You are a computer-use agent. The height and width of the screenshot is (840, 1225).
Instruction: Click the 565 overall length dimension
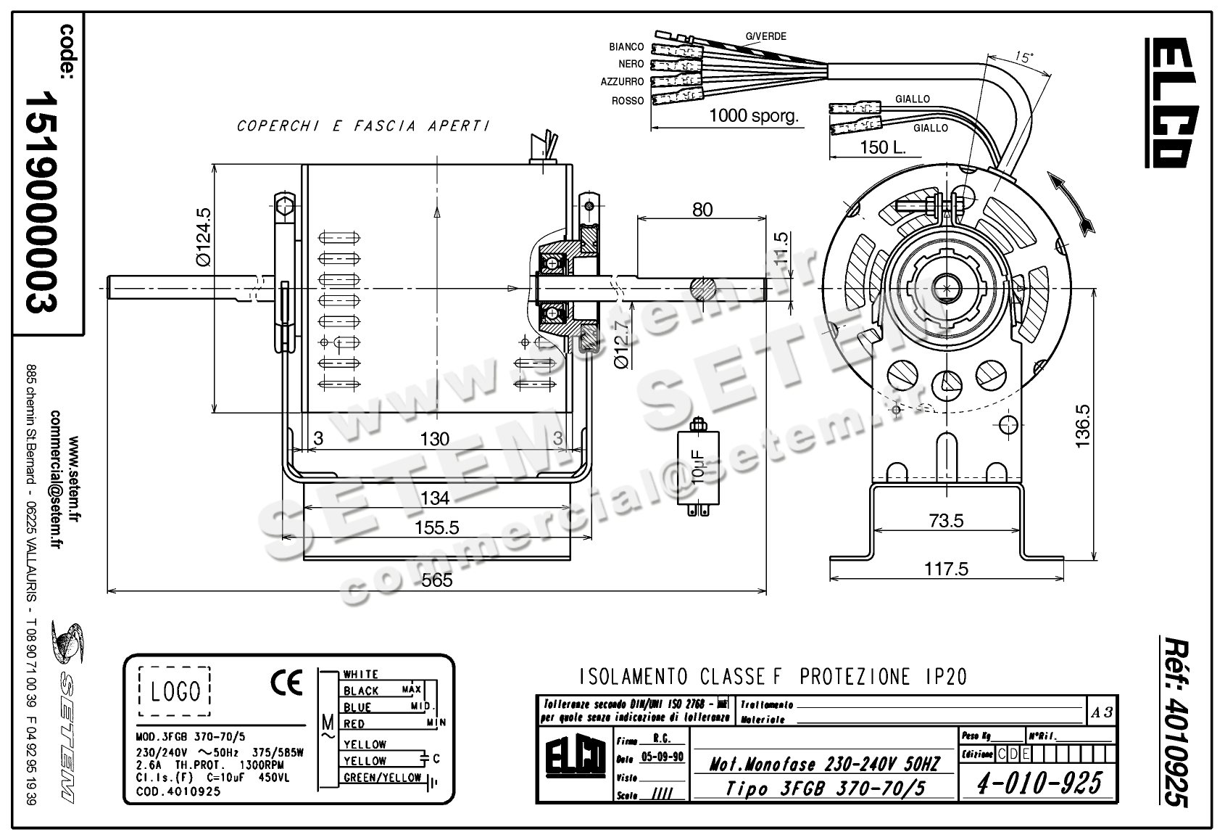coord(436,580)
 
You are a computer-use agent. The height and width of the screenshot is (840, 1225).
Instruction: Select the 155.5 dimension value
coord(436,527)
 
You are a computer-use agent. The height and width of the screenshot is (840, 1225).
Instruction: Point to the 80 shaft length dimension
coord(702,210)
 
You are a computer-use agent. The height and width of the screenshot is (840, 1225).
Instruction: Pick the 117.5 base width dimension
coord(945,569)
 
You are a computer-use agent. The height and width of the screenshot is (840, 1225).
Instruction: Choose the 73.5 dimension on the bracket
coord(945,521)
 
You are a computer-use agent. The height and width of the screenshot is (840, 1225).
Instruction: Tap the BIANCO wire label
coord(626,47)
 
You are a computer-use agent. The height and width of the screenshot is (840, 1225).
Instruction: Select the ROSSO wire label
coord(628,101)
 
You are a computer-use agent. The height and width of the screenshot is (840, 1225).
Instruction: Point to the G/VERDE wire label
coord(765,36)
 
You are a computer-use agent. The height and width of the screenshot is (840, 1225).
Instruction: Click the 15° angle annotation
coord(1023,57)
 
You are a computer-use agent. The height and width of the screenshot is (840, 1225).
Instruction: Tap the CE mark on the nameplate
coord(286,683)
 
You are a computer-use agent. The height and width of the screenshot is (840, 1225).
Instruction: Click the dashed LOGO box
coord(175,691)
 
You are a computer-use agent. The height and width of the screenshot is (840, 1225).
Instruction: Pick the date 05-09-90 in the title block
coord(663,757)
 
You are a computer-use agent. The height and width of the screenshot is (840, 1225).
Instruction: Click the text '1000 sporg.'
coord(753,115)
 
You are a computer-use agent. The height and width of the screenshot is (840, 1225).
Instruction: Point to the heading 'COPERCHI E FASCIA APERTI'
coord(362,126)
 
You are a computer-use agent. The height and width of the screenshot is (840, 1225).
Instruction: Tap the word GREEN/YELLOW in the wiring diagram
coord(382,778)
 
